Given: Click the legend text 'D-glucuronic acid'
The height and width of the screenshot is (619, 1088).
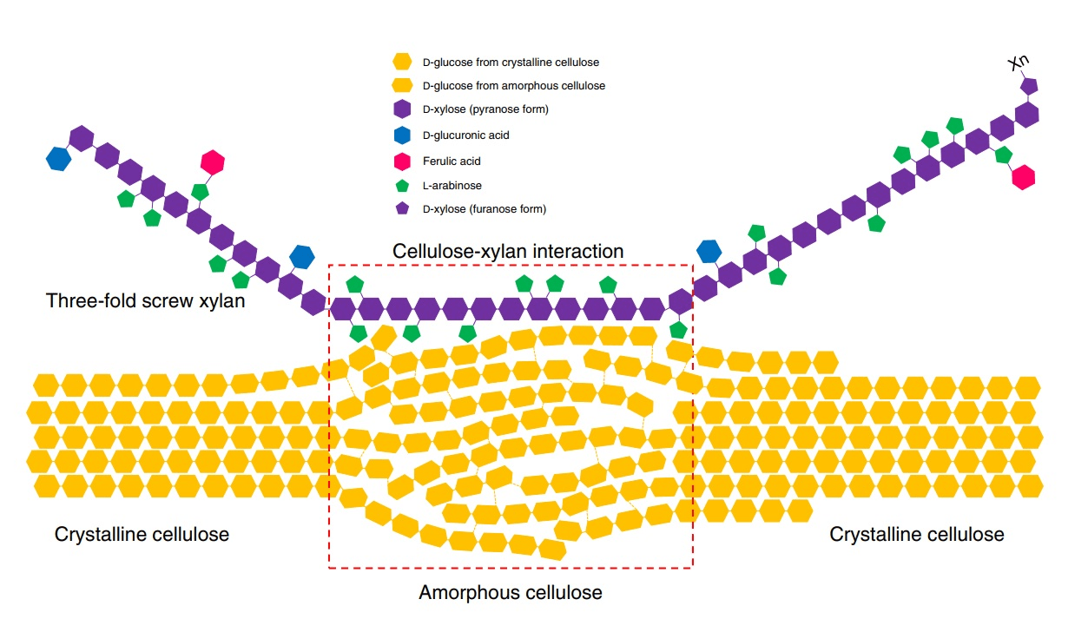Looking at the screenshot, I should (x=465, y=135).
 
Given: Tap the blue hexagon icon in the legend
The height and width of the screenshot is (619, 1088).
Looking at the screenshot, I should (x=402, y=135).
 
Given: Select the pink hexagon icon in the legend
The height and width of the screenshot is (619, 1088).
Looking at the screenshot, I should (x=402, y=161).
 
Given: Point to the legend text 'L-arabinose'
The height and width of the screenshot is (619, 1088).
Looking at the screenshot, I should (x=452, y=186).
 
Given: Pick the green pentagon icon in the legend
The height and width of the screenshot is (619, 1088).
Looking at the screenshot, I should (x=402, y=186).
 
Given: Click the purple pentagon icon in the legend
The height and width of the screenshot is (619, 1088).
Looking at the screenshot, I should (x=402, y=209).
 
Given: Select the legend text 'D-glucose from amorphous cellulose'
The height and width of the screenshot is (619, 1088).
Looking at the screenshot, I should (x=513, y=86).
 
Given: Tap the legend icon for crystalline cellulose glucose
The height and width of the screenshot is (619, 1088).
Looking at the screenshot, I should (x=402, y=62).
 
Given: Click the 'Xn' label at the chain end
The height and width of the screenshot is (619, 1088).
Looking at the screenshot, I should (x=1019, y=63).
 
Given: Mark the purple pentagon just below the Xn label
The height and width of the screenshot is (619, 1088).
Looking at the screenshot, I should (x=1029, y=86).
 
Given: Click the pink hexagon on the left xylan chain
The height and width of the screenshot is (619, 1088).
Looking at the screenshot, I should (x=212, y=161).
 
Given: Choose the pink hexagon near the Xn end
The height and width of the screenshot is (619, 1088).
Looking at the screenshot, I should (x=1024, y=176).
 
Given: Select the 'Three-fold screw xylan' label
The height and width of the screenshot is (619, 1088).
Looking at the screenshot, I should (x=145, y=301).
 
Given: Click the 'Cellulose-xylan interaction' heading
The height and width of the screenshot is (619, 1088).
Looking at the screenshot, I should (x=508, y=251).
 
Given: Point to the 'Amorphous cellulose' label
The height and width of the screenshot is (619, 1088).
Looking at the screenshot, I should (x=511, y=593).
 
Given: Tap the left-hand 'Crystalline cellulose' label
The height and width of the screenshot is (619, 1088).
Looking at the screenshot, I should (x=142, y=534).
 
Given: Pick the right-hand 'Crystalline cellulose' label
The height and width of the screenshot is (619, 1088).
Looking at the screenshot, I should (x=917, y=534).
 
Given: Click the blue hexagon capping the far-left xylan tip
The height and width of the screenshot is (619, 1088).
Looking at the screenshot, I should (x=58, y=159).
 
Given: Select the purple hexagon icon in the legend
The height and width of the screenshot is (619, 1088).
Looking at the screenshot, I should (x=402, y=109).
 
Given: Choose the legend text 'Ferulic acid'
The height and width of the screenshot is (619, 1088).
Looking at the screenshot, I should (x=451, y=161).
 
